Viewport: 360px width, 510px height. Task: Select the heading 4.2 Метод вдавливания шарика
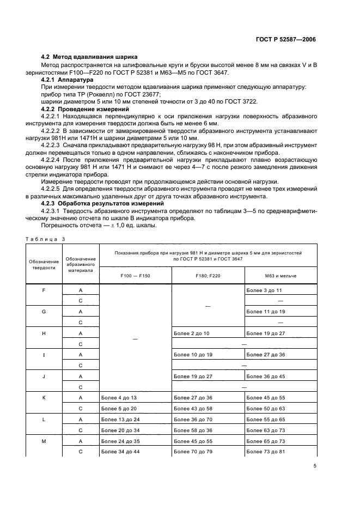[x=90, y=57]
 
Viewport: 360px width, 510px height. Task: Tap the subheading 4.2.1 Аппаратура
[x=68, y=80]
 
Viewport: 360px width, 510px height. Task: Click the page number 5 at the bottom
[x=315, y=466]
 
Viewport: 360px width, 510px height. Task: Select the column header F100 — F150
[x=135, y=276]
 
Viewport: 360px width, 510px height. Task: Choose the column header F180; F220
[x=208, y=276]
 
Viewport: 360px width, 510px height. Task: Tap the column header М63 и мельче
[x=281, y=276]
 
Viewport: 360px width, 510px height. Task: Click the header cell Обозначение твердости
[x=43, y=264]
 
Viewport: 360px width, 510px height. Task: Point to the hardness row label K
[x=44, y=398]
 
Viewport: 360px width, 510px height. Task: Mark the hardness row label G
[x=44, y=311]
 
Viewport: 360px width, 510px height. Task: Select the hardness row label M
[x=44, y=441]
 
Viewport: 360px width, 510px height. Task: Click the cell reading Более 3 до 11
[x=264, y=290]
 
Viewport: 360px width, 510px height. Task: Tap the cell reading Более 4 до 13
[x=119, y=398]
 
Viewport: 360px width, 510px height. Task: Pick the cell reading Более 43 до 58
[x=192, y=409]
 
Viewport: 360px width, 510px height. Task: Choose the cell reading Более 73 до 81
[x=265, y=452]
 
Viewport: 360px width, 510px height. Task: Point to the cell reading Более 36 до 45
[x=265, y=376]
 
